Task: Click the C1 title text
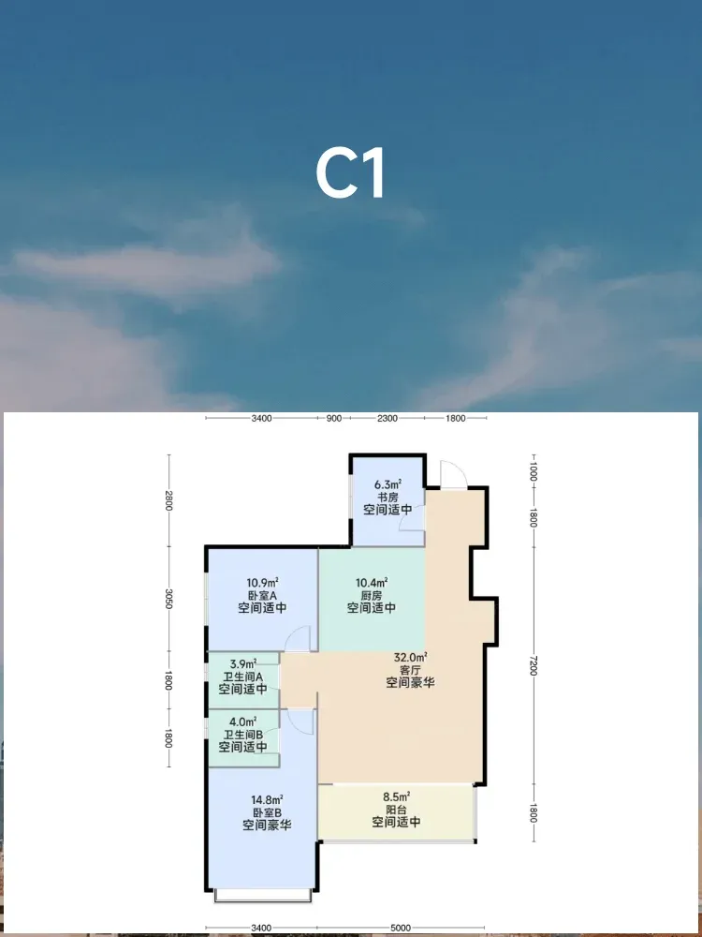(x=350, y=174)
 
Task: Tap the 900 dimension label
(x=334, y=418)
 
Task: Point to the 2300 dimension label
(x=387, y=418)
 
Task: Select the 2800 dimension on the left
(x=169, y=500)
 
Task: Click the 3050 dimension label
(x=169, y=598)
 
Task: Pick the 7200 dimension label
(x=534, y=664)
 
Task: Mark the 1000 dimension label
(x=534, y=470)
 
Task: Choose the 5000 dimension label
(x=401, y=928)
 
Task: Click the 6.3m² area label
(x=388, y=484)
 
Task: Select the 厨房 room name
(x=372, y=595)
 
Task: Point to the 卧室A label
(x=263, y=595)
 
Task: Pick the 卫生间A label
(x=243, y=677)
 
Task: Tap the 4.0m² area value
(x=243, y=721)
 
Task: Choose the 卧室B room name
(x=267, y=812)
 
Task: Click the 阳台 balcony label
(x=396, y=810)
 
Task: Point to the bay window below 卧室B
(x=263, y=895)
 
